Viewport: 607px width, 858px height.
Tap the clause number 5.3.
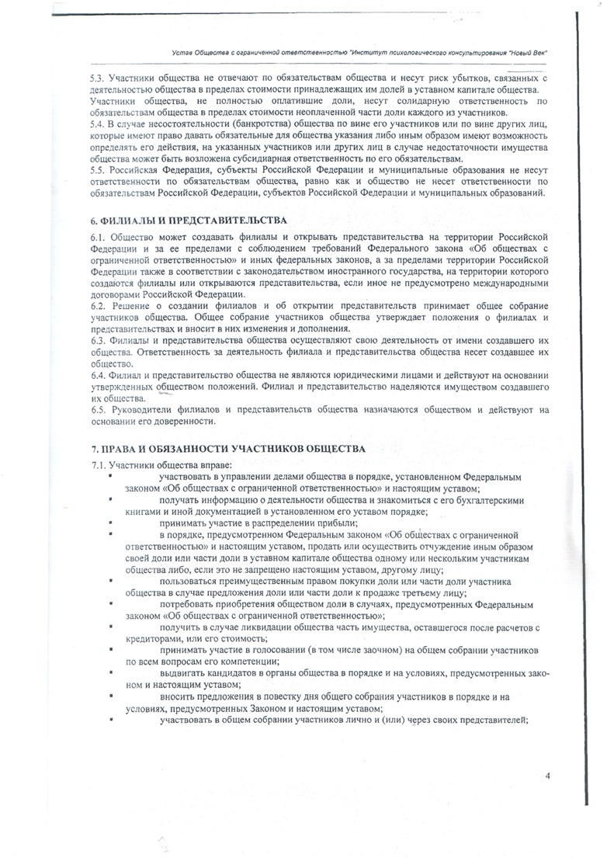tap(98, 78)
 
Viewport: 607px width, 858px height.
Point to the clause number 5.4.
tap(98, 125)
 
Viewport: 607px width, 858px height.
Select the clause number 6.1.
tap(99, 236)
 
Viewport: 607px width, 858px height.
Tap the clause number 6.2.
tap(99, 306)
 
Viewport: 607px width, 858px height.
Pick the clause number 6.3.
tap(99, 341)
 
